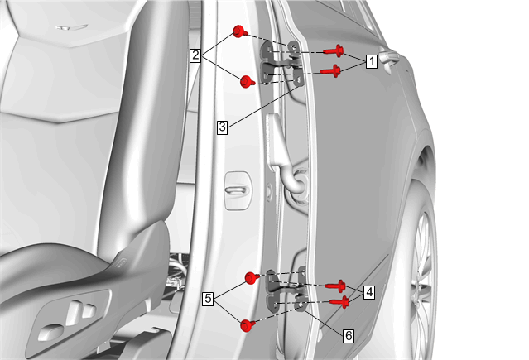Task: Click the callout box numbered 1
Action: [372, 61]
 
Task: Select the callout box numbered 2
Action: [195, 55]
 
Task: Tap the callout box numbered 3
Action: [222, 127]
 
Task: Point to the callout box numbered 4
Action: [370, 292]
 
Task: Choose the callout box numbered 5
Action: [208, 299]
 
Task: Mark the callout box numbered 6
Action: [349, 336]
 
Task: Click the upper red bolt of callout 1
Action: [334, 51]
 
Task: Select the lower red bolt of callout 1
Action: [330, 71]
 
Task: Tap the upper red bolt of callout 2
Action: [240, 31]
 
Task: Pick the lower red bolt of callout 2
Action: [248, 82]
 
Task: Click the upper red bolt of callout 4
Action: [335, 286]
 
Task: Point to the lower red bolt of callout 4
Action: [339, 301]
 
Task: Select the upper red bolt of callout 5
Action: [252, 278]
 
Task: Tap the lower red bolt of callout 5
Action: [248, 325]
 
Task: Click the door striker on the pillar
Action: [238, 190]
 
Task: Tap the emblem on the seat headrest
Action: [71, 27]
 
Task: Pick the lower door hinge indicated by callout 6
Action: [286, 290]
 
